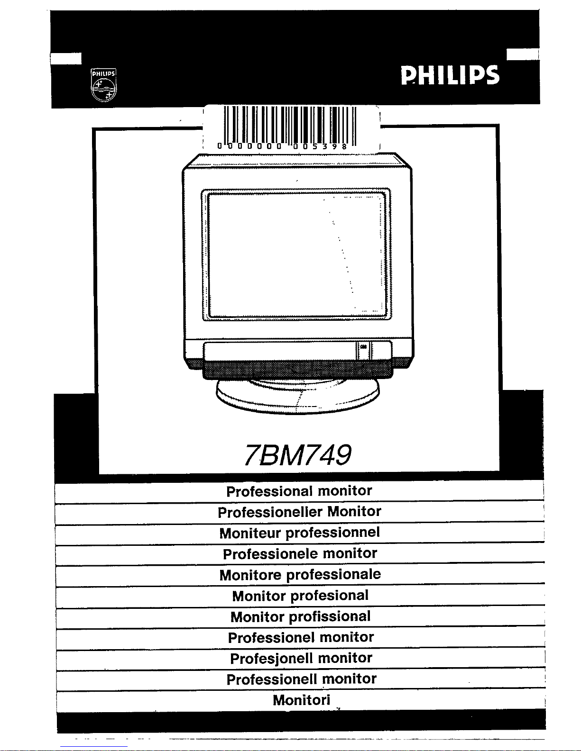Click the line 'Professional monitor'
click(x=299, y=491)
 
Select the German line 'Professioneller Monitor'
click(x=299, y=512)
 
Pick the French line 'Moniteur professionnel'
click(x=299, y=533)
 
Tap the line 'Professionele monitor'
click(x=300, y=553)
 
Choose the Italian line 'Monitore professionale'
click(x=300, y=575)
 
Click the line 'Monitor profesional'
click(x=300, y=596)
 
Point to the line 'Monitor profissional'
click(x=300, y=616)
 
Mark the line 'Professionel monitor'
click(x=301, y=637)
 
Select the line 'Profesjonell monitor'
click(x=301, y=658)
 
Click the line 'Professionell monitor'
click(x=301, y=679)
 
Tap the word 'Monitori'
click(x=301, y=700)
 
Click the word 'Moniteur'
click(x=250, y=533)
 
